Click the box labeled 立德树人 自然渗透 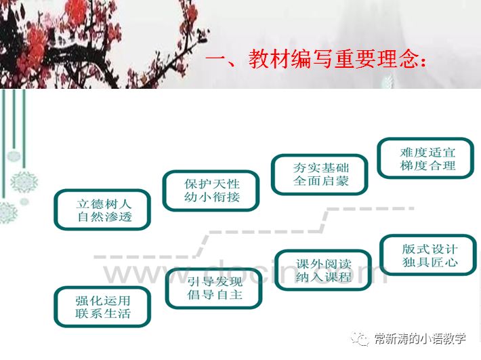(102, 209)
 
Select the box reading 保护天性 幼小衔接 (212, 190)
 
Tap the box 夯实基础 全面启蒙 (320, 174)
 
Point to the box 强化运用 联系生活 (102, 306)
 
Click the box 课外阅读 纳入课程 (323, 270)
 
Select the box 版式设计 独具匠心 (430, 255)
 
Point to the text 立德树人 (102, 202)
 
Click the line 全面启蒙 (320, 182)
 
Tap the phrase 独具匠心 (430, 262)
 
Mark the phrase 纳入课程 (323, 277)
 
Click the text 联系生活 (102, 314)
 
